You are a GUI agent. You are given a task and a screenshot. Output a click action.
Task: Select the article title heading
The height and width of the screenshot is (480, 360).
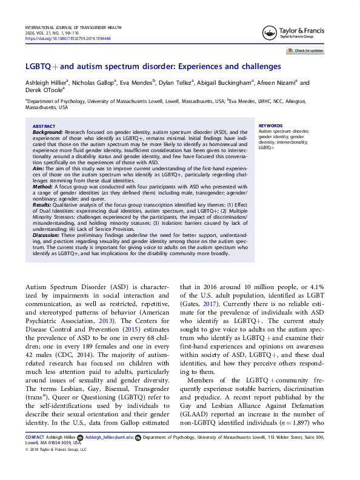click(153, 66)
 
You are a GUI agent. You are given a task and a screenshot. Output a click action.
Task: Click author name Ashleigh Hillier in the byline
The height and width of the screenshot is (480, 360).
click(45, 84)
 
